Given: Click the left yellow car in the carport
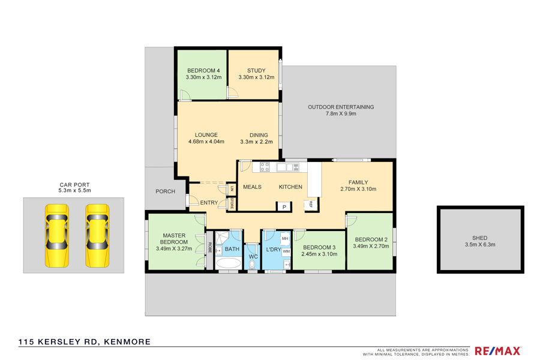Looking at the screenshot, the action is click(x=57, y=236).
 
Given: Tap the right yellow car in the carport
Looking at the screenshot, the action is click(x=97, y=236).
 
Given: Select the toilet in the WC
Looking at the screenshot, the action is click(x=253, y=264).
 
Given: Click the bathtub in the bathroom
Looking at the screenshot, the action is click(x=228, y=263).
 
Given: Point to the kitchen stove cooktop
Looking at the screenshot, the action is click(x=265, y=167).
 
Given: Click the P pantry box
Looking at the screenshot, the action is click(x=284, y=206).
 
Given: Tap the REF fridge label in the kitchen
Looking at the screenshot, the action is click(x=311, y=204).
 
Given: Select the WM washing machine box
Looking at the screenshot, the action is click(x=286, y=251).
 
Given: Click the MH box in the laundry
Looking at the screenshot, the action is click(x=285, y=238).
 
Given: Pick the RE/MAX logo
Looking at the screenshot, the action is click(x=497, y=351).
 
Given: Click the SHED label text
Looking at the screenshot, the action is click(x=480, y=238).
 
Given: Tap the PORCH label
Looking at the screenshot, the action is click(x=166, y=191).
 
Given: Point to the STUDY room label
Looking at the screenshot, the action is click(x=256, y=71).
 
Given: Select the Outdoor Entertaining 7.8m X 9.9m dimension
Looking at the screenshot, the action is click(x=341, y=113).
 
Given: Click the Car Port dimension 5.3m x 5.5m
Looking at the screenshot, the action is click(x=75, y=191).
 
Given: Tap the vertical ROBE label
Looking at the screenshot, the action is click(x=210, y=248).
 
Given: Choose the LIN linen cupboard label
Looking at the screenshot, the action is click(x=232, y=188).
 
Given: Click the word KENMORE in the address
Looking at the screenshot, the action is click(x=127, y=342).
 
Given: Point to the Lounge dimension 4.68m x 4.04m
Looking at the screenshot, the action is click(x=206, y=142).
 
